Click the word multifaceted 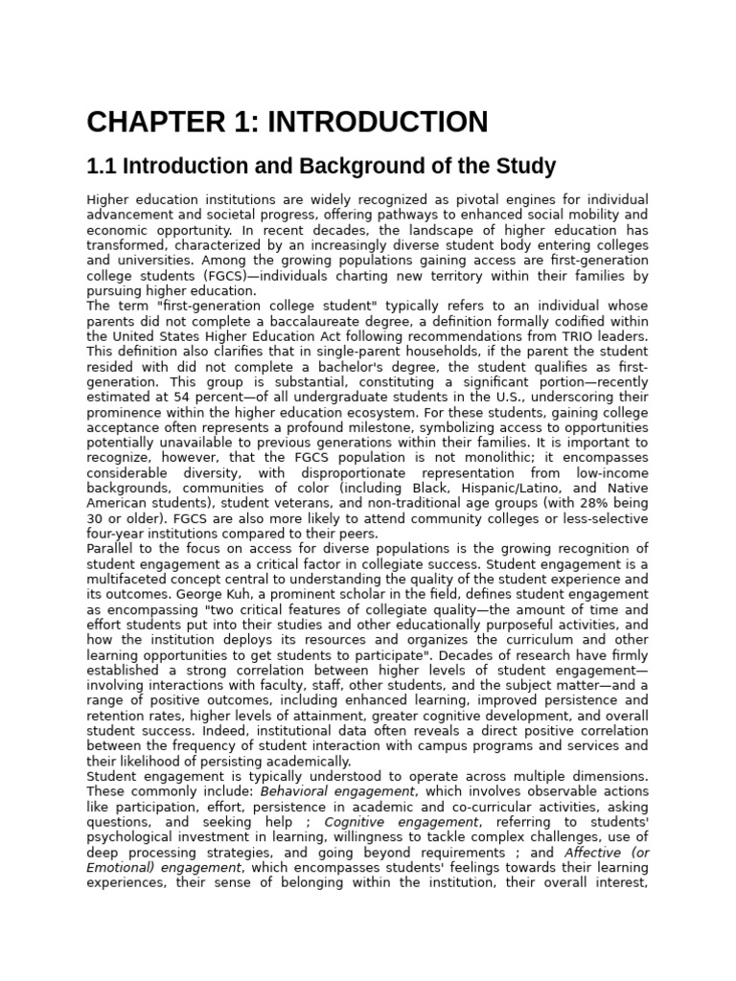point(127,580)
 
